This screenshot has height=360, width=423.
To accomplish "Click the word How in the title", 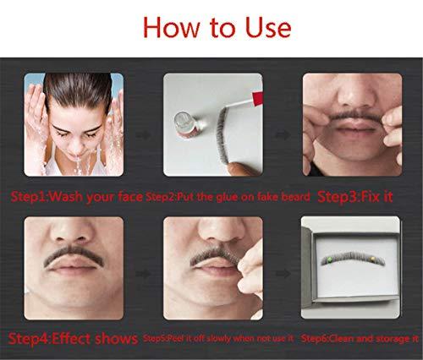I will click(x=173, y=27).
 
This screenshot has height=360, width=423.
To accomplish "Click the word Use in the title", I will click(x=264, y=27).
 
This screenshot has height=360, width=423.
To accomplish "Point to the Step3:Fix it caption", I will click(x=353, y=196).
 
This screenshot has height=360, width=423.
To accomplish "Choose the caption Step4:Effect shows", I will click(x=74, y=339).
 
